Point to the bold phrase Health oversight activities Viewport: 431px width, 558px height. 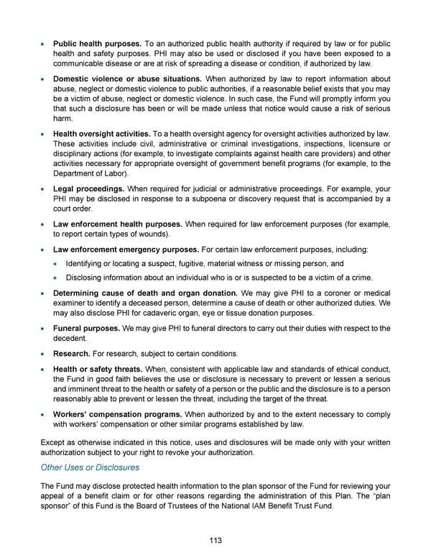point(101,133)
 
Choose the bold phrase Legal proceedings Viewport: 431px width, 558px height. point(88,188)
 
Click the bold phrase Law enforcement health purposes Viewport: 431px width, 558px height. point(116,224)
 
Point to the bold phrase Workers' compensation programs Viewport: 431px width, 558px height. point(117,414)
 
